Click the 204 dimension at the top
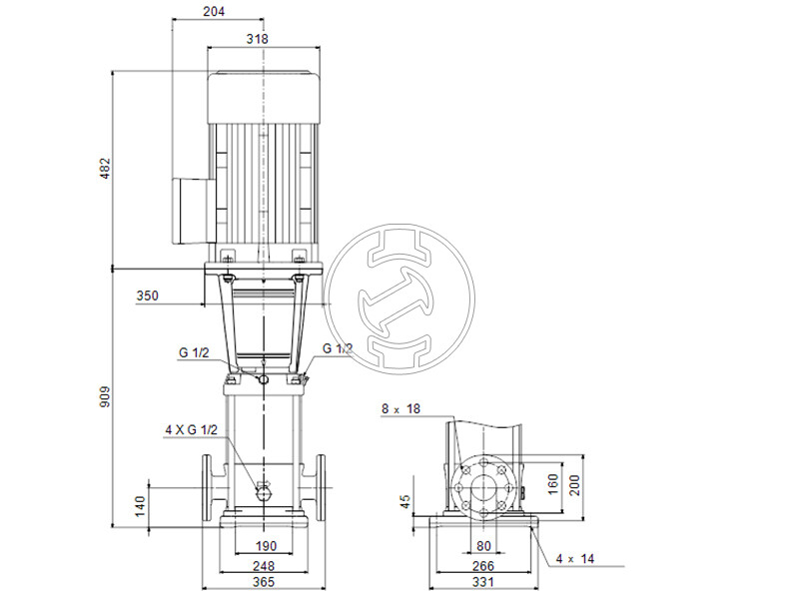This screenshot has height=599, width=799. (213, 11)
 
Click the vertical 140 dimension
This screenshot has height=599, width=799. (141, 507)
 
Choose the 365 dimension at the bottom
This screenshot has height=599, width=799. (262, 582)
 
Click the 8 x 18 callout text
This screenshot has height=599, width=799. (402, 409)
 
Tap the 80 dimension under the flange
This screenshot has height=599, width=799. (484, 546)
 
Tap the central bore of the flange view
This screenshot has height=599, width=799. (484, 488)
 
